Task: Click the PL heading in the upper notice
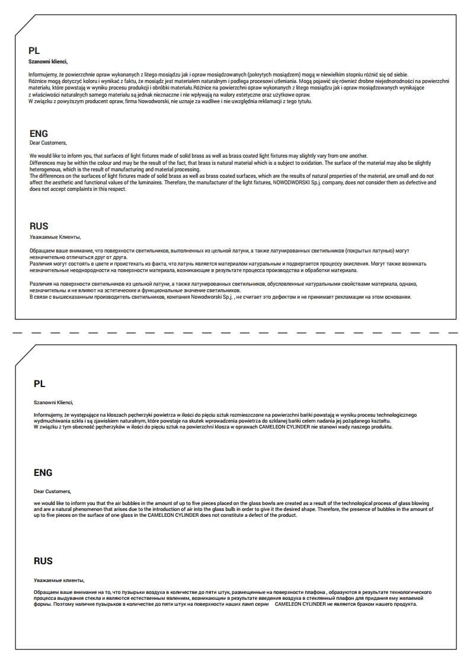[34, 51]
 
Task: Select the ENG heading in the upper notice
[39, 133]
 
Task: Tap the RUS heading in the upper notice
[39, 226]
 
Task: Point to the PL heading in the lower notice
[39, 384]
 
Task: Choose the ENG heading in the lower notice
[43, 472]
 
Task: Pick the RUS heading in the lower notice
[43, 561]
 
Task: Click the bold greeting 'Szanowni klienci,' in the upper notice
[48, 62]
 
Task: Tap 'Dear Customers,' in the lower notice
[52, 491]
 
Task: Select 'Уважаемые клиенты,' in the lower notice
[59, 580]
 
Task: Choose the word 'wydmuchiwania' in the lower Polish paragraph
[51, 421]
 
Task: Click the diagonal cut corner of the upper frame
[25, 24]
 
